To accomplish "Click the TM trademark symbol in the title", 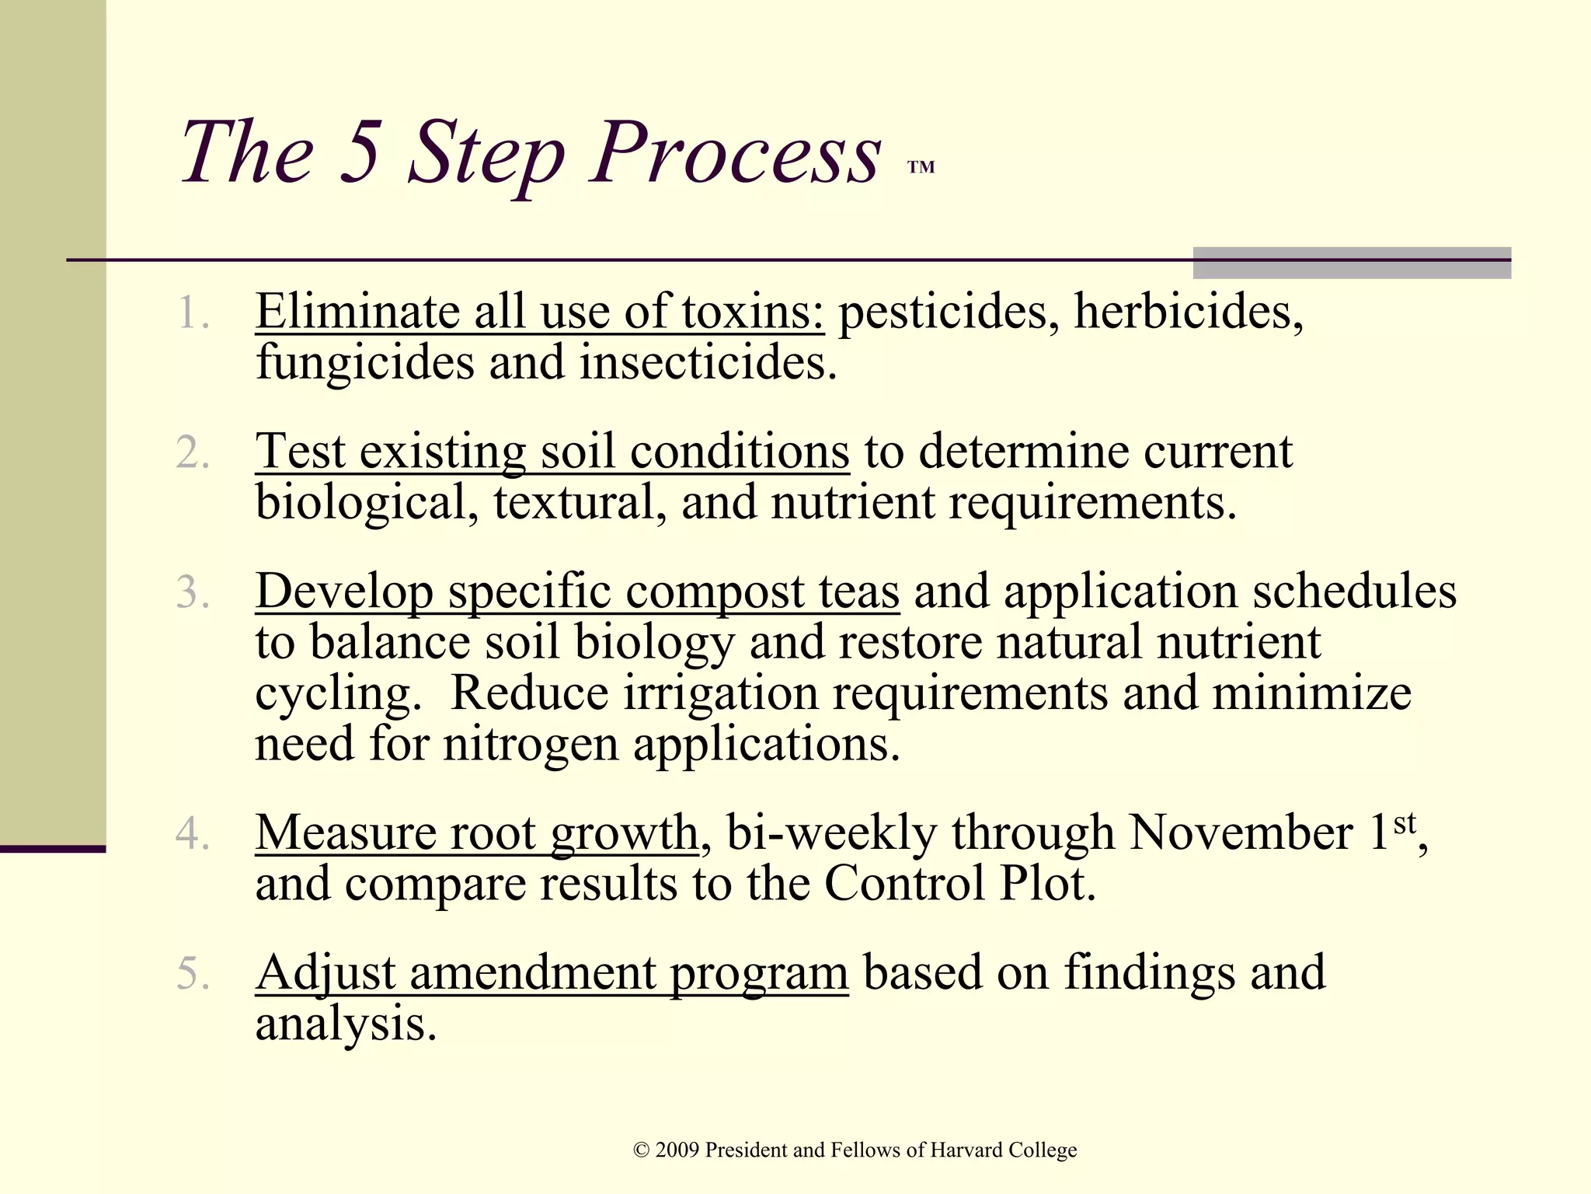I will tap(921, 167).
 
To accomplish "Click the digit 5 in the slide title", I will tap(360, 152).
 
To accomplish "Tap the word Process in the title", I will tap(736, 152).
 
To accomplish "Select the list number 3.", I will tap(192, 593).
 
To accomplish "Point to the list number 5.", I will tap(192, 974).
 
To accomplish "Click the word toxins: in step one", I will tap(752, 312).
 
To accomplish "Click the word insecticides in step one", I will tap(708, 363).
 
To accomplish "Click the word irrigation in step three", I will tap(720, 693).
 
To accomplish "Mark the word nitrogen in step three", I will tap(531, 745).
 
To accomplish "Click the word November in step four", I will tap(1241, 833).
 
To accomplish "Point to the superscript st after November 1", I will tap(1405, 822).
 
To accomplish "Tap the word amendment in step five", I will tap(532, 973).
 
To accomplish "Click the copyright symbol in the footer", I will tap(641, 1150).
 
